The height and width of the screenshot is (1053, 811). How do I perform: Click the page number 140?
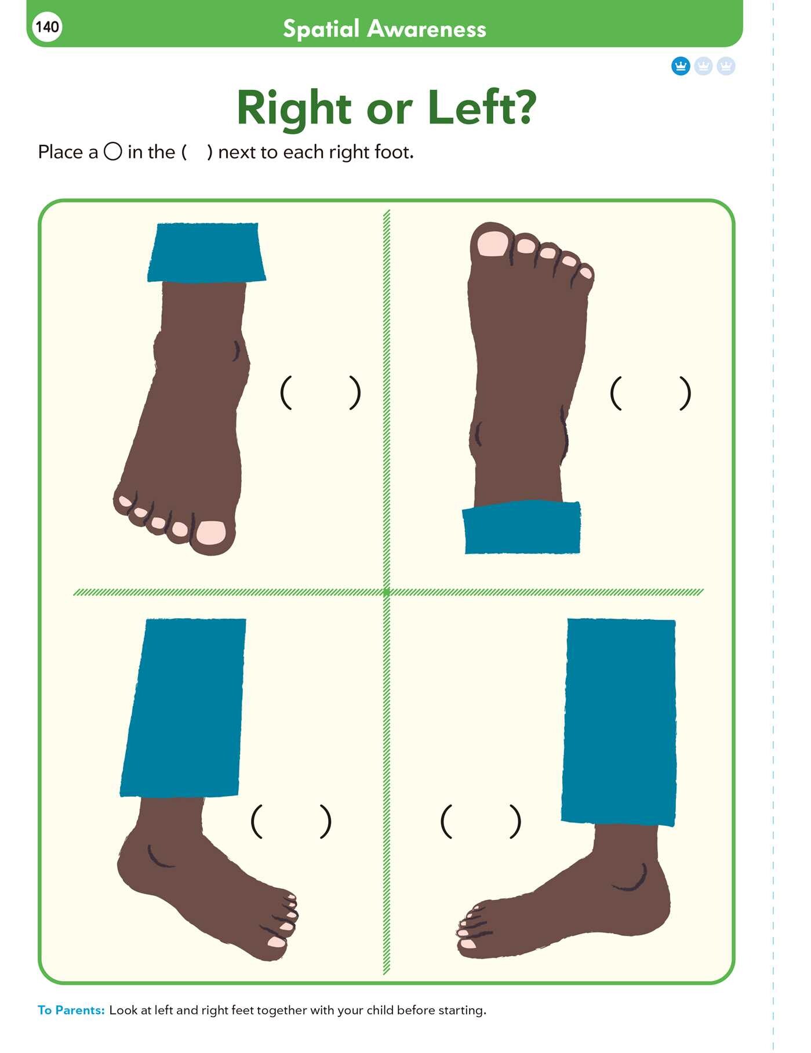coord(47,27)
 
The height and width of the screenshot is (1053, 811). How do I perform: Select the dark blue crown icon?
coord(681,66)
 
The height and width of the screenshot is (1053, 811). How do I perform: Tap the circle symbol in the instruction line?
coord(112,152)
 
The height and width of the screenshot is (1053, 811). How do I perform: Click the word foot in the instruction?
coord(394,152)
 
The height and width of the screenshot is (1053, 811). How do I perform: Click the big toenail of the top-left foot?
coord(210,532)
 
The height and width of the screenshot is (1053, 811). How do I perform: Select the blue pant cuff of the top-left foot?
coord(206,252)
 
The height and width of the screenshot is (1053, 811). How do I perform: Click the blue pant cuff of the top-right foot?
coord(522,527)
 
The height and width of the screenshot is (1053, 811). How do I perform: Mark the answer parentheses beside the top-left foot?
coord(320,393)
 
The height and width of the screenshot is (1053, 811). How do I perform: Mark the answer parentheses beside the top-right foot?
coord(650,393)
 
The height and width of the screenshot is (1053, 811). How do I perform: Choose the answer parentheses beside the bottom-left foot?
coord(291,821)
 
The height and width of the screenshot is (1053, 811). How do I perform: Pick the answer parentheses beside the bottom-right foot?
coord(481,821)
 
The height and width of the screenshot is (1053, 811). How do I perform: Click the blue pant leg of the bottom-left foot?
coord(183,707)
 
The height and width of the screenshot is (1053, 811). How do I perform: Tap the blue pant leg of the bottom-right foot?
coord(619,722)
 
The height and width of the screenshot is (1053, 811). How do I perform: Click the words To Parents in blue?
coord(71,1010)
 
